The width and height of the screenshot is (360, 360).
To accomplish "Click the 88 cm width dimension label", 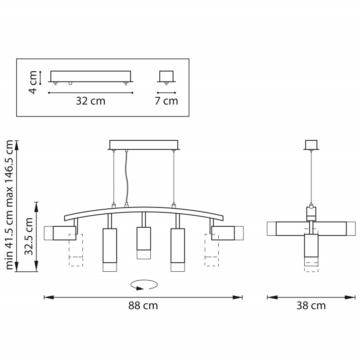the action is point(143,306).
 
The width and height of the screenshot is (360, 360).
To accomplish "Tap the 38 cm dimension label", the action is point(311,306).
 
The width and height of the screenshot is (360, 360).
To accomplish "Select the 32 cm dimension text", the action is point(90,101).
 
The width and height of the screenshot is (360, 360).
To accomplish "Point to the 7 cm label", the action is point(166,101).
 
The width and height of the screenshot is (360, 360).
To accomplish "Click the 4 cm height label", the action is point(33,82).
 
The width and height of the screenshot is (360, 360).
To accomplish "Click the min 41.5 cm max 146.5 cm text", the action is point(9,205).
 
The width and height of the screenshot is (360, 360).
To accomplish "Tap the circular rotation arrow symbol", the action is point(144,285).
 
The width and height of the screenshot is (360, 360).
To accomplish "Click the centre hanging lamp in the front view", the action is point(144,243).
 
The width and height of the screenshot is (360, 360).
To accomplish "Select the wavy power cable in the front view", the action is point(126,177).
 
